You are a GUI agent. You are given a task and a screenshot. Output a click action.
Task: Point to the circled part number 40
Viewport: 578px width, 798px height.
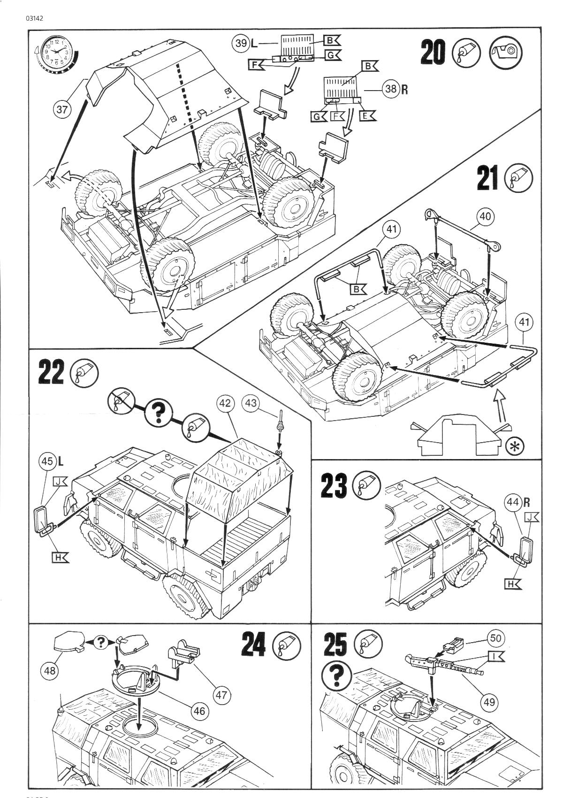coord(486,216)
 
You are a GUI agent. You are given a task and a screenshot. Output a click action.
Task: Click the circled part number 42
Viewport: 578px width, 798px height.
coord(226,403)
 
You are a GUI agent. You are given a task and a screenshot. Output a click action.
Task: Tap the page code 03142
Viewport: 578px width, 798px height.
coord(36,19)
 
